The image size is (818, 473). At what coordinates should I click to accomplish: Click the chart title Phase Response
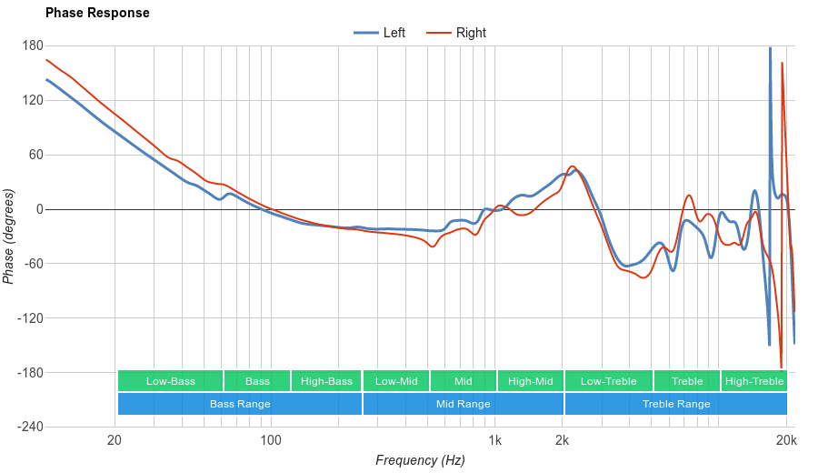[97, 13]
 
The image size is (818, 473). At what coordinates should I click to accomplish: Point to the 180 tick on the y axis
[33, 45]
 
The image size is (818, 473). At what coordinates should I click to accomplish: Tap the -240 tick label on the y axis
[30, 428]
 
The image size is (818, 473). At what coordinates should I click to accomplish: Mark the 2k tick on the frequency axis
[563, 441]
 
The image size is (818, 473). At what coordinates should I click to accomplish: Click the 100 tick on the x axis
[271, 441]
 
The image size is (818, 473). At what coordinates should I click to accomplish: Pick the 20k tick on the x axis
[787, 441]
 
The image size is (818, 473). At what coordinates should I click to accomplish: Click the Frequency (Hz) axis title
[420, 460]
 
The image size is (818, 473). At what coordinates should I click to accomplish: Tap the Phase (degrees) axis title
[9, 236]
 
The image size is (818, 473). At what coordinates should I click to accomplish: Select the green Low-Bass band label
[170, 381]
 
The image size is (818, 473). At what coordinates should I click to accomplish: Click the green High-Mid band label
[530, 381]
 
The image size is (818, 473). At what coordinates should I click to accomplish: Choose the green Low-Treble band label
[608, 381]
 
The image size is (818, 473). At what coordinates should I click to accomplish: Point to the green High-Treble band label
[754, 381]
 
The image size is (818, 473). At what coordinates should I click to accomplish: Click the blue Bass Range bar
[240, 404]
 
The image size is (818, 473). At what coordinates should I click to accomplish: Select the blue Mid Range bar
[463, 404]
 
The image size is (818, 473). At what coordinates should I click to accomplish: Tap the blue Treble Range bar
[676, 404]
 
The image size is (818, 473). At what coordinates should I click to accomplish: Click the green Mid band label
[464, 381]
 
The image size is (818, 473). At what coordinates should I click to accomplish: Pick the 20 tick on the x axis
[115, 441]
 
